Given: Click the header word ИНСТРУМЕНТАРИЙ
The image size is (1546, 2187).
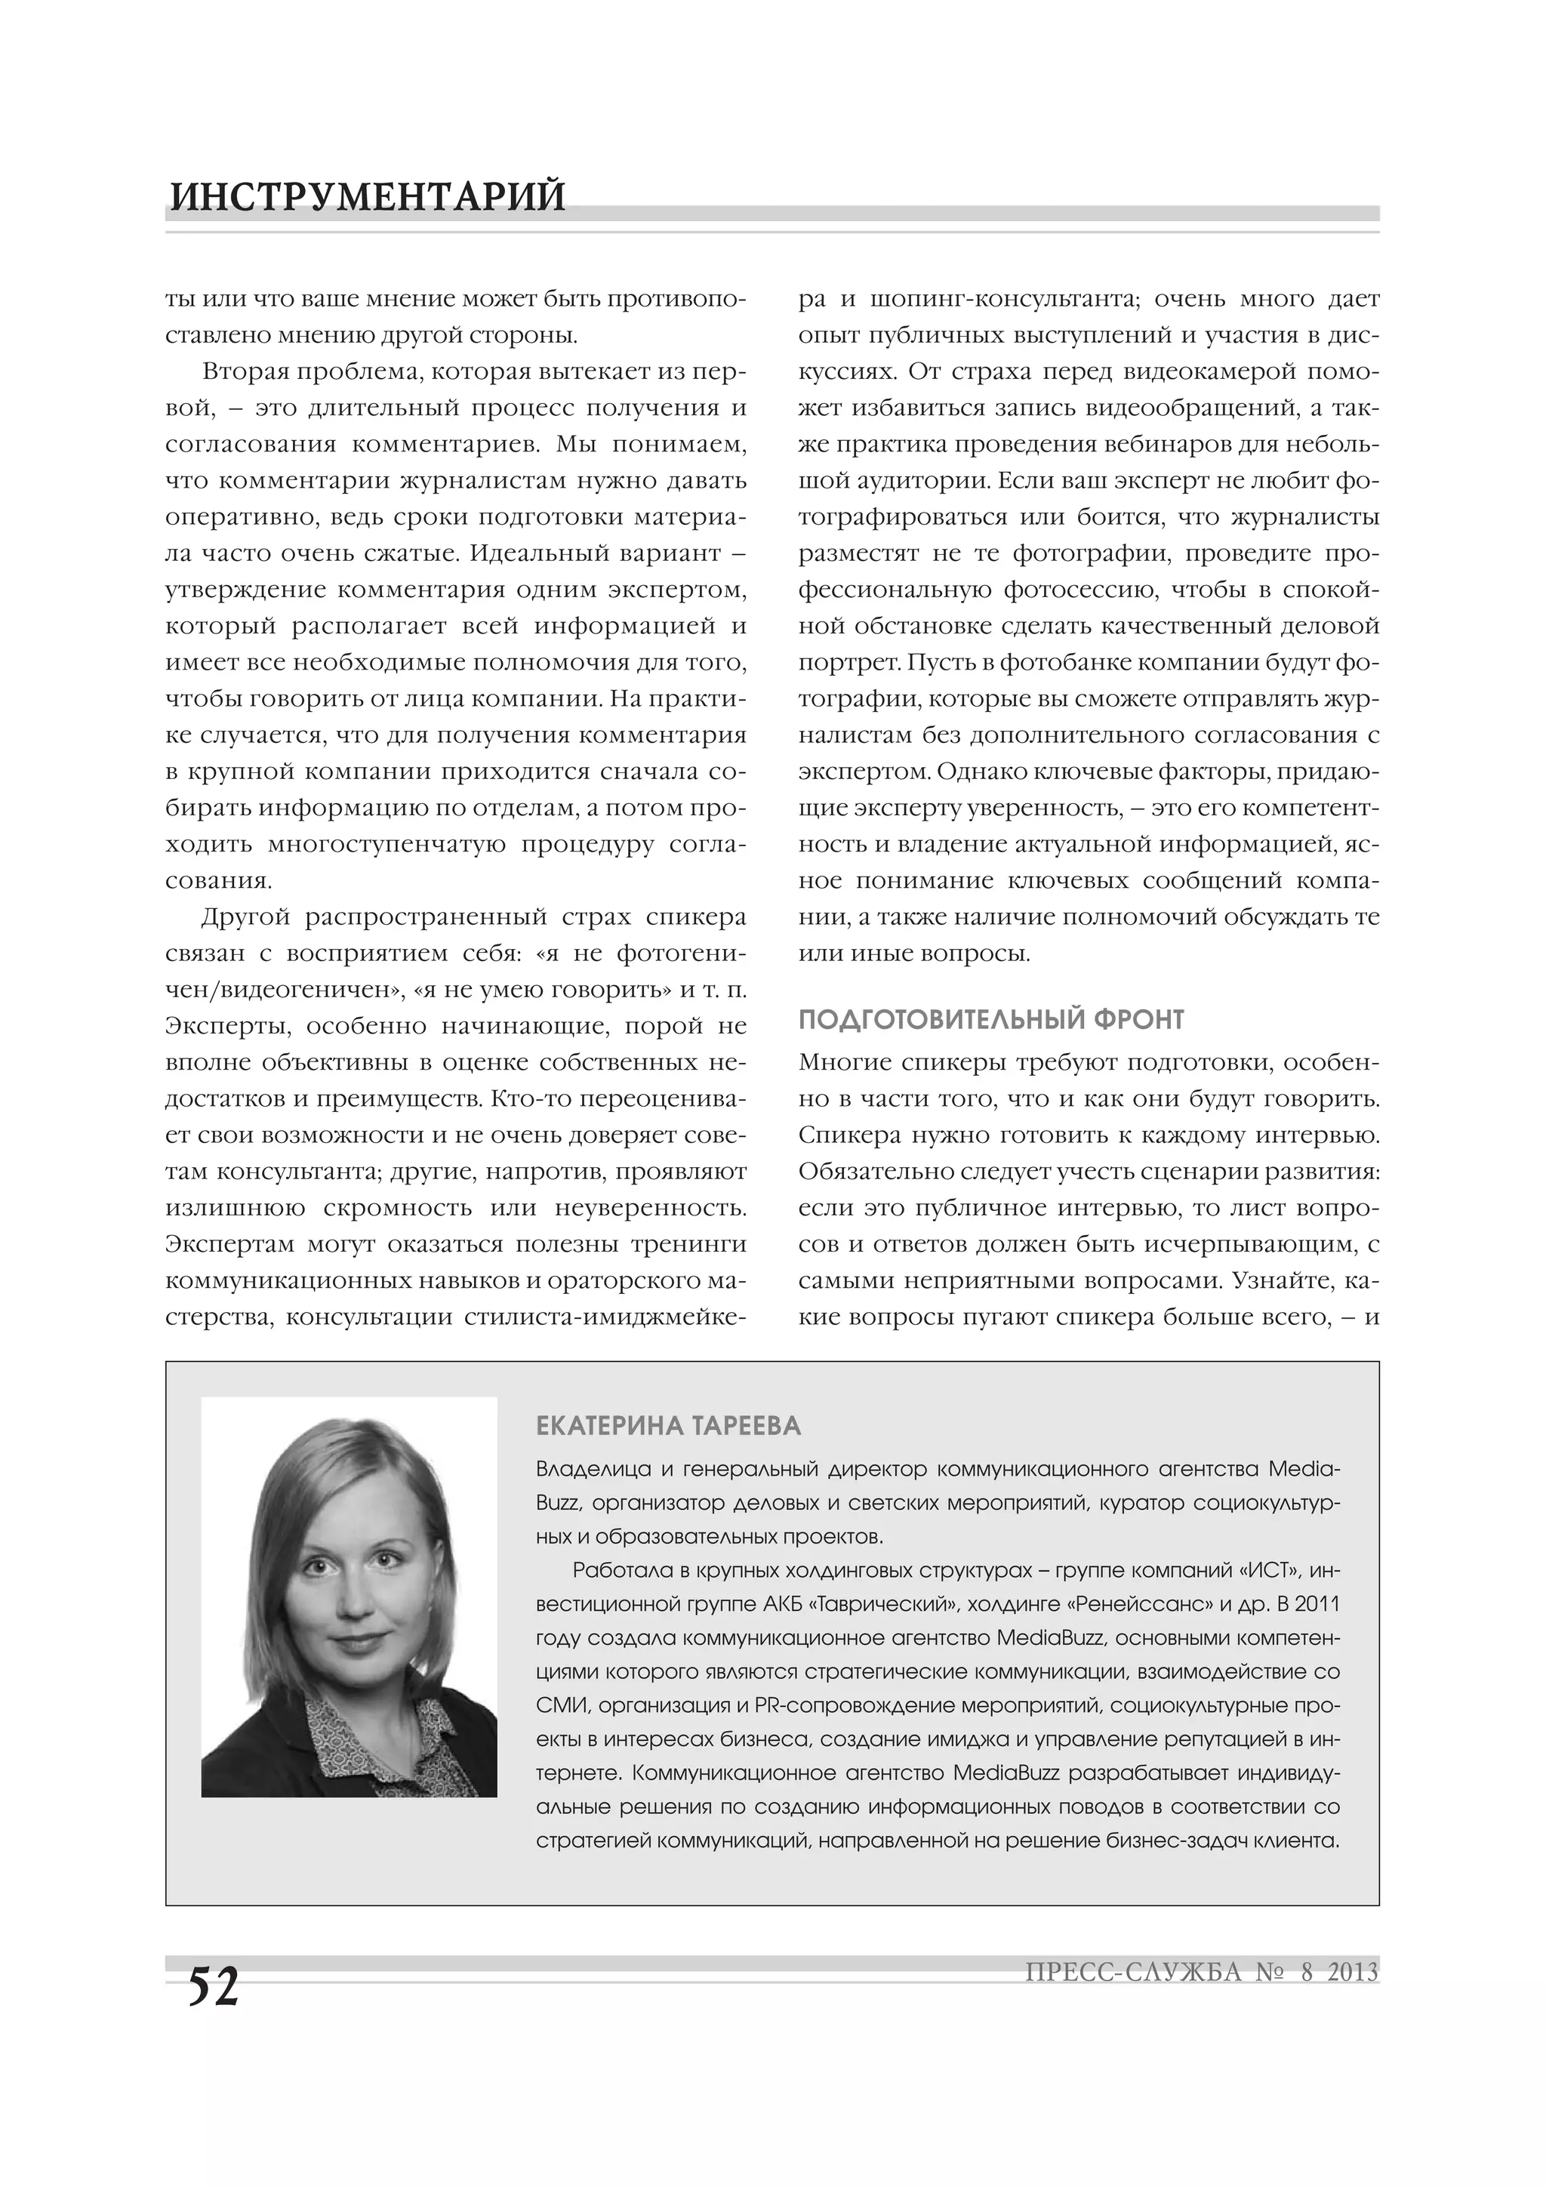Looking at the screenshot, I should (368, 196).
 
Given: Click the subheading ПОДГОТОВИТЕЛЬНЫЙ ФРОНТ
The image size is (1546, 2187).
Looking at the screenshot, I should (990, 1020).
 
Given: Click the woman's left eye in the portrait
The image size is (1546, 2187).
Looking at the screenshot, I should (381, 1564).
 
